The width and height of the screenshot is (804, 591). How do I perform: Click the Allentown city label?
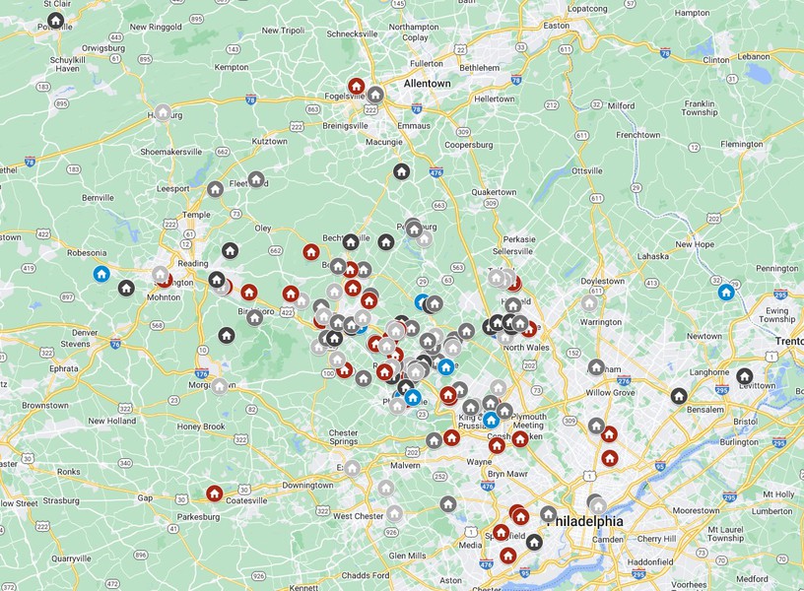coord(427,84)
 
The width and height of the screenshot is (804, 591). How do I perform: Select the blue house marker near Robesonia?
coord(100,274)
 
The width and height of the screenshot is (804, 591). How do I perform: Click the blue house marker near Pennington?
coord(725,292)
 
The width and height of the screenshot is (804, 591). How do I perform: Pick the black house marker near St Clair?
coord(56,20)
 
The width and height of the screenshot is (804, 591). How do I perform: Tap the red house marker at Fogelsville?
coord(357,87)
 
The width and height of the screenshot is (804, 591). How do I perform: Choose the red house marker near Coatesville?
coord(214,493)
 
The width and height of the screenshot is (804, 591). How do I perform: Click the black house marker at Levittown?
coord(745,376)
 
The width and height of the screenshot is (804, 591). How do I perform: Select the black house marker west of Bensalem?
coord(678,396)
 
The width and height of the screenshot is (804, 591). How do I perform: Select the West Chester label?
coord(358,516)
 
